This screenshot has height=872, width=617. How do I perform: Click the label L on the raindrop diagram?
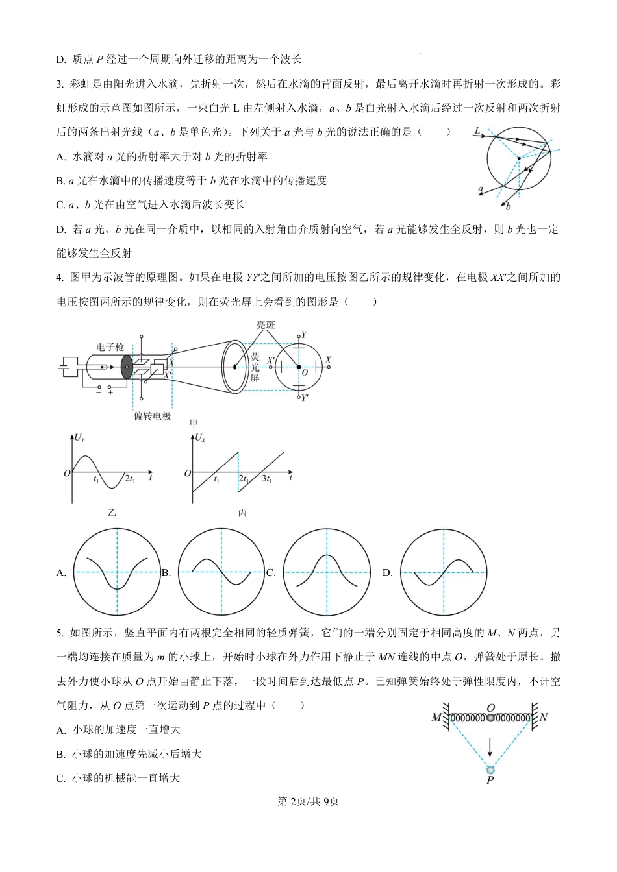477,130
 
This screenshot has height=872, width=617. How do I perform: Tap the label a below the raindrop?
481,189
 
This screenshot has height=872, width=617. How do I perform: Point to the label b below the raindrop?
508,206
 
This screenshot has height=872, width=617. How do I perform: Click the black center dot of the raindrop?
518,158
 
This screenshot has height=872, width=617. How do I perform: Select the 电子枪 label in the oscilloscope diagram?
110,347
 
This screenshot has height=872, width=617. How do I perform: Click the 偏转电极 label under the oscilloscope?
152,416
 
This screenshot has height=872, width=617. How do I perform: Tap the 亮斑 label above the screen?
265,324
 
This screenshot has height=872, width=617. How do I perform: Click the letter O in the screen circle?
305,373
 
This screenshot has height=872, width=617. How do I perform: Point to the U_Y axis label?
79,438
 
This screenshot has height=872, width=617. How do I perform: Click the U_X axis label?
200,438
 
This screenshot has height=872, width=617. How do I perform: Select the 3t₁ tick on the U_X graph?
266,479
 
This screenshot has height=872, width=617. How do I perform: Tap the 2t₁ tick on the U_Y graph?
130,479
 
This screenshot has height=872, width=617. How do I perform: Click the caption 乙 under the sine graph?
112,513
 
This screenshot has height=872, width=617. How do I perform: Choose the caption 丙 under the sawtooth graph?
242,513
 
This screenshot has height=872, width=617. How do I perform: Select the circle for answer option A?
117,572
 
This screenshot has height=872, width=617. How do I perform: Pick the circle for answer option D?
443,572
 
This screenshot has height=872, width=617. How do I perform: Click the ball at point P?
490,769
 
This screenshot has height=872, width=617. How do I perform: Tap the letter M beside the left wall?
436,718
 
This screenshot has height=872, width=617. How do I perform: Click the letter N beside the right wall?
544,717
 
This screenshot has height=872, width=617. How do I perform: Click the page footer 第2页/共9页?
308,801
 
